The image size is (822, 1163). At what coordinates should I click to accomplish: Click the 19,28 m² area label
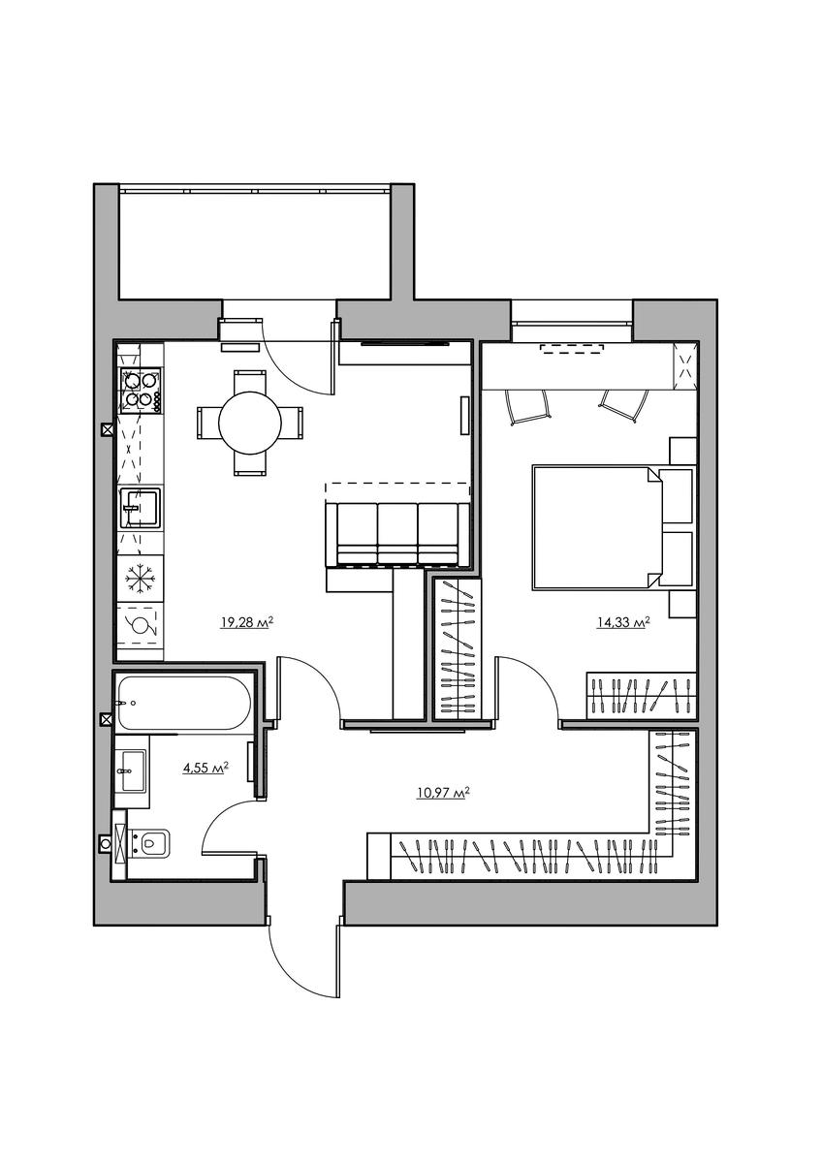pyautogui.click(x=247, y=622)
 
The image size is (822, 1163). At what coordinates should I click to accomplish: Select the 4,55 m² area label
pyautogui.click(x=205, y=767)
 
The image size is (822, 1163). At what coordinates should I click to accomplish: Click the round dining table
pyautogui.click(x=250, y=423)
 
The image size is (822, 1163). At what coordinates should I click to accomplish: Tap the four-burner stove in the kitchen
pyautogui.click(x=141, y=390)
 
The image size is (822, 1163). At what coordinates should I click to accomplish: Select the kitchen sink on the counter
pyautogui.click(x=141, y=507)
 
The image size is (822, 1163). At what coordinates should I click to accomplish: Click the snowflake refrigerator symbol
pyautogui.click(x=140, y=577)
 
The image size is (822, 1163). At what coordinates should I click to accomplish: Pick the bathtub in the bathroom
pyautogui.click(x=184, y=703)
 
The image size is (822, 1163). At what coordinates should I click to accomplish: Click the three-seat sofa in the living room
pyautogui.click(x=397, y=533)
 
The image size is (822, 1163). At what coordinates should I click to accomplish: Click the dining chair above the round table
pyautogui.click(x=250, y=381)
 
